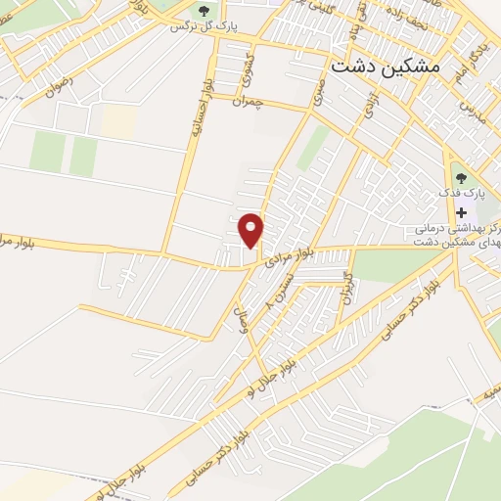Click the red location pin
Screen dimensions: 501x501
coord(252,230)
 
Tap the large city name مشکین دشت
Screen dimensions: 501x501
coord(386,68)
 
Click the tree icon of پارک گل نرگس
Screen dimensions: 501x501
coord(204,12)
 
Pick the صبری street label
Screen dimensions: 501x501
coord(318,90)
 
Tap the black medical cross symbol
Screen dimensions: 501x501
coord(462,213)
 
